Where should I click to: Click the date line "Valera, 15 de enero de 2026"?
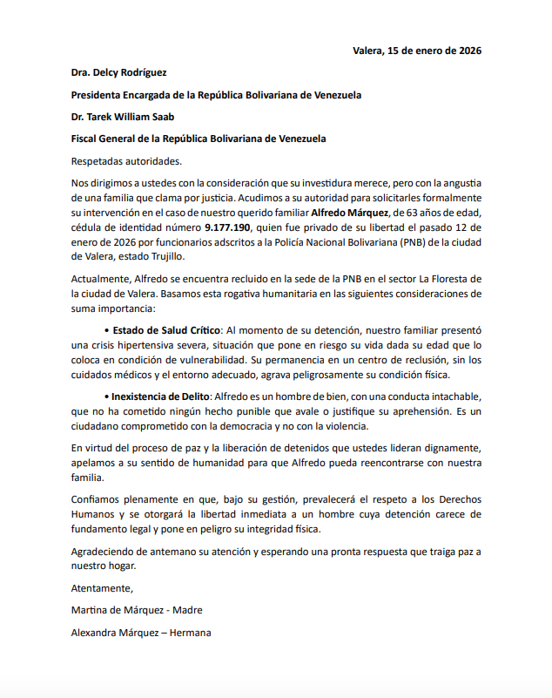(x=417, y=50)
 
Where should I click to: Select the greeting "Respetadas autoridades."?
(x=127, y=160)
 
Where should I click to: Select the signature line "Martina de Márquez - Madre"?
(x=137, y=610)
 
